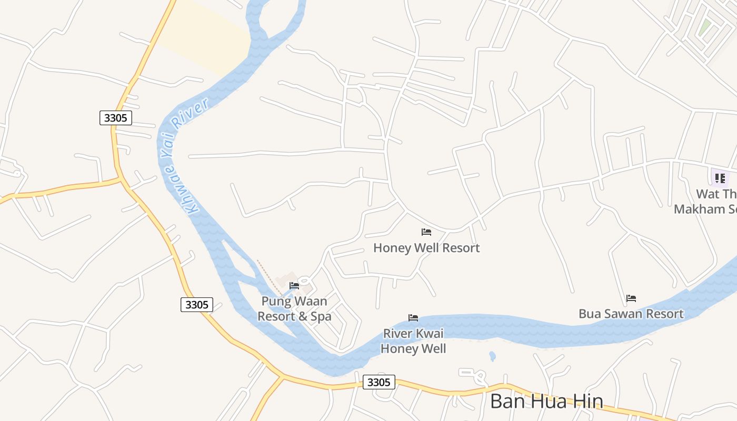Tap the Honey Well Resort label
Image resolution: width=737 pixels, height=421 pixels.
click(x=426, y=248)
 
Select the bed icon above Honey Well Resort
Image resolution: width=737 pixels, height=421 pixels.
click(x=426, y=232)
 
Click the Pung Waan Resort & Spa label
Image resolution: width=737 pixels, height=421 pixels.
click(x=294, y=309)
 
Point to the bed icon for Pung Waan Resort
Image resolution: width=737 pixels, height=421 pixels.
click(x=294, y=286)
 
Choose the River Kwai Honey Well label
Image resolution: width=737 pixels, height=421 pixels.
click(x=413, y=341)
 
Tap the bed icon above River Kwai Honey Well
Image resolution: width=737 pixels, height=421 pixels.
click(x=413, y=318)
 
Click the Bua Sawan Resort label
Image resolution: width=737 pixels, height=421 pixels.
click(x=631, y=314)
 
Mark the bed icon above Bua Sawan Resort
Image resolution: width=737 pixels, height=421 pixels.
click(x=631, y=298)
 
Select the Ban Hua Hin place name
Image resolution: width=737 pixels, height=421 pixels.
click(x=546, y=402)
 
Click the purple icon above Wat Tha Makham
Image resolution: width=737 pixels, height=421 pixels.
click(x=720, y=178)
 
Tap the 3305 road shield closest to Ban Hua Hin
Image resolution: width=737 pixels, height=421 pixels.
click(x=379, y=382)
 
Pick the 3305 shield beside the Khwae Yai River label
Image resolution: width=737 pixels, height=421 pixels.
click(x=115, y=118)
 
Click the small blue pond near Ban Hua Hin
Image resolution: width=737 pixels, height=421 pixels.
click(x=492, y=356)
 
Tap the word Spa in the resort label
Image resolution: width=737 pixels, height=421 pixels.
click(x=320, y=317)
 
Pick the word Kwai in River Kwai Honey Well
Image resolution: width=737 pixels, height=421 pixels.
click(x=430, y=334)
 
